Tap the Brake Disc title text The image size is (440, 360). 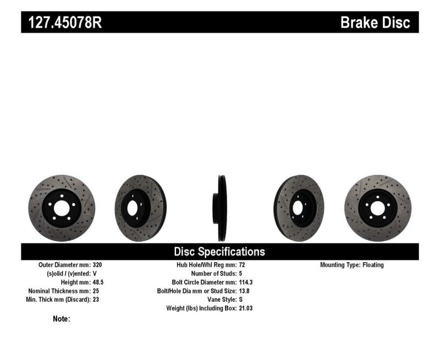[x=375, y=23]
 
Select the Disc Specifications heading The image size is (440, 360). [x=219, y=252]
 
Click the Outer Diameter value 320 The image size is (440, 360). [x=97, y=265]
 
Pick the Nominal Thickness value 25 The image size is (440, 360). [x=96, y=291]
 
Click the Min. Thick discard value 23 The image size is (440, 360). [x=96, y=300]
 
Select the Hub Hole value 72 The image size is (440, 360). [x=243, y=265]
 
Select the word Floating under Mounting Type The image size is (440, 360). [x=373, y=265]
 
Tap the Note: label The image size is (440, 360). [x=61, y=319]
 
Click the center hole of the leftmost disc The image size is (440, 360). [x=61, y=208]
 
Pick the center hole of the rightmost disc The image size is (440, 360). [x=377, y=208]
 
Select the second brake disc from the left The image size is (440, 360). [x=140, y=208]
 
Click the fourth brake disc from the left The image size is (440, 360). [x=299, y=208]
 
